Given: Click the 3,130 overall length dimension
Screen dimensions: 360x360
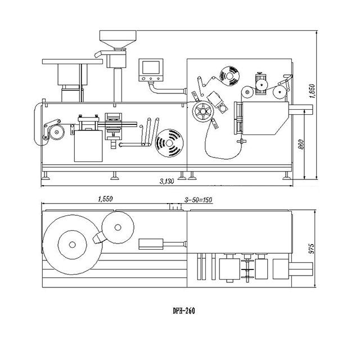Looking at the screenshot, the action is [167, 181].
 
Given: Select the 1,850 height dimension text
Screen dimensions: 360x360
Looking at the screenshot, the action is [312, 91].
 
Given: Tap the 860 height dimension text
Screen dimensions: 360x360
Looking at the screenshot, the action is [301, 145].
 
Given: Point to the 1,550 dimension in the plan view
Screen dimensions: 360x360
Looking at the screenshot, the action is [105, 199].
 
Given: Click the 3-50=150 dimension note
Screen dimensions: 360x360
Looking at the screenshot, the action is [199, 200].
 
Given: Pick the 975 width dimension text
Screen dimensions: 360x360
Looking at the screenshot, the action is [311, 249].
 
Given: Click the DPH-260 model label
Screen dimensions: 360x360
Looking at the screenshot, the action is [184, 311].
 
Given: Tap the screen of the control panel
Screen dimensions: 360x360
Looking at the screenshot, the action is [151, 67].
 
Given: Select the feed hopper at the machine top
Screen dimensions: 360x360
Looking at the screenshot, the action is [118, 39].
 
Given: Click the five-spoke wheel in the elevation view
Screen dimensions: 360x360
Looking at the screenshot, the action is [203, 111].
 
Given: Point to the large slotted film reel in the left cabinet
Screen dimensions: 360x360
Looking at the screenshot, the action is [169, 143].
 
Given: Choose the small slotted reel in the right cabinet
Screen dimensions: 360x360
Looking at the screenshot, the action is [229, 76].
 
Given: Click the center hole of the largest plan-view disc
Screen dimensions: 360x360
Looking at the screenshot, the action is [73, 245].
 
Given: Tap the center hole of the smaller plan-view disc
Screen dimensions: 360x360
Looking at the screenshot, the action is [118, 227].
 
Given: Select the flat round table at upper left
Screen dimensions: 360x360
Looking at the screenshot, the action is [73, 61].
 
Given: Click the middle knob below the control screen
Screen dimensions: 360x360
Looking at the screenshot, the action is [151, 79].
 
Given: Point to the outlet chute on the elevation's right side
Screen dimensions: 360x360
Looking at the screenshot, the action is [301, 109].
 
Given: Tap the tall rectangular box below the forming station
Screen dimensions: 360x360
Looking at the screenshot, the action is [88, 146].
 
